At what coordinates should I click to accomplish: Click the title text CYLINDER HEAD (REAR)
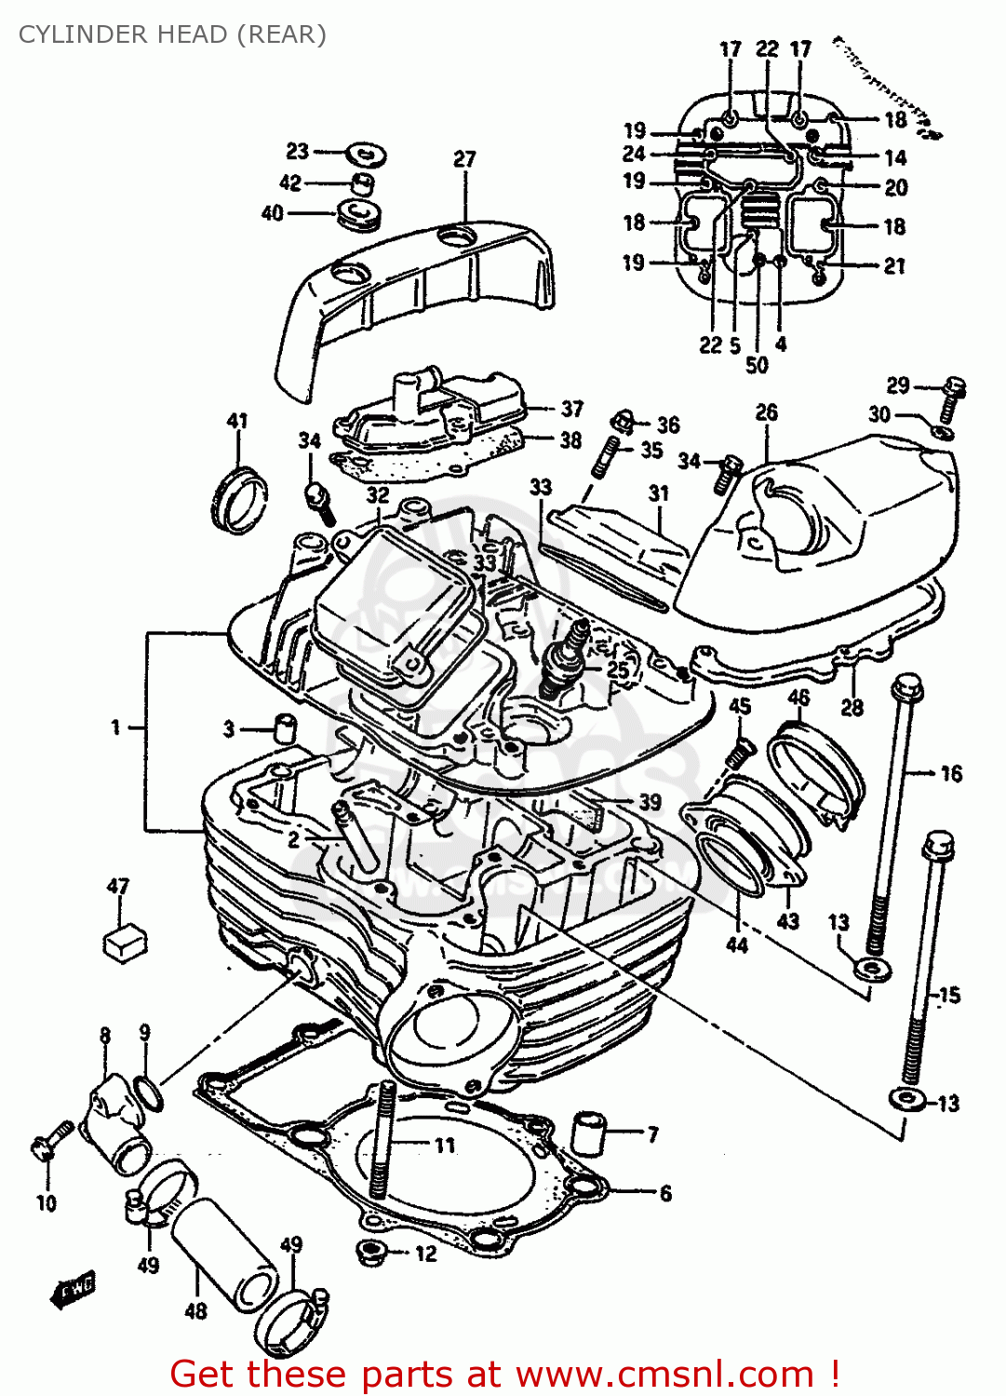pyautogui.click(x=172, y=34)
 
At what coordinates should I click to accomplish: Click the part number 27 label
pyautogui.click(x=464, y=159)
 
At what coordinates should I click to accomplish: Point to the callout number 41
pyautogui.click(x=237, y=421)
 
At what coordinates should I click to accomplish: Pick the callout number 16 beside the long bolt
pyautogui.click(x=951, y=773)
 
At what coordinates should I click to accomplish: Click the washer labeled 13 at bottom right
pyautogui.click(x=906, y=1099)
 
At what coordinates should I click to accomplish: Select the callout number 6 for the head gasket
pyautogui.click(x=665, y=1193)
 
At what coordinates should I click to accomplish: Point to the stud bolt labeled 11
pyautogui.click(x=382, y=1140)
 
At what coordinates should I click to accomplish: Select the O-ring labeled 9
pyautogui.click(x=150, y=1093)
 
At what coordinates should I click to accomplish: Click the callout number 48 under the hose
pyautogui.click(x=195, y=1311)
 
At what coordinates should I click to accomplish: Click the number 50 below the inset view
pyautogui.click(x=757, y=365)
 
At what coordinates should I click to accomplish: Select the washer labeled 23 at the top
pyautogui.click(x=366, y=154)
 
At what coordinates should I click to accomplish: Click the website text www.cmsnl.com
pyautogui.click(x=664, y=1374)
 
